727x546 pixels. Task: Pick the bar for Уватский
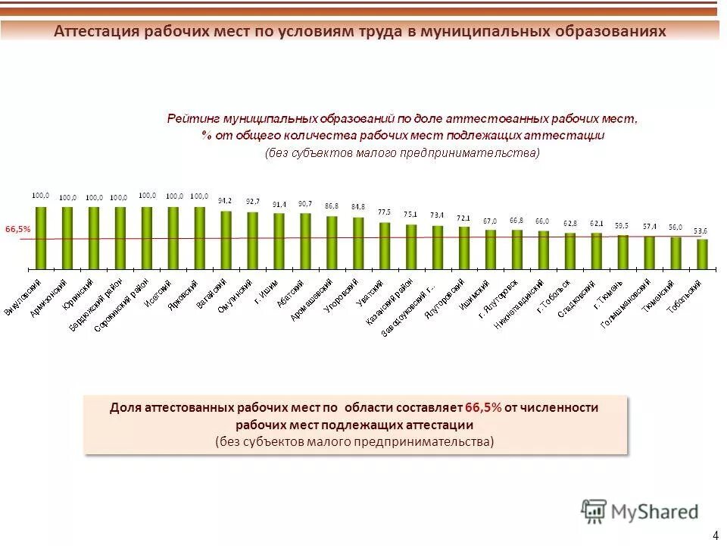pos(385,246)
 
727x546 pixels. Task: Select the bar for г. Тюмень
pos(622,252)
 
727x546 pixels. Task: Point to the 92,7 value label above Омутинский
pos(252,202)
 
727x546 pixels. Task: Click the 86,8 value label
pos(332,206)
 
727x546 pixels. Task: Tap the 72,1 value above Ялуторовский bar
pos(463,217)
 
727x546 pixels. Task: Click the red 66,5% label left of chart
pos(18,228)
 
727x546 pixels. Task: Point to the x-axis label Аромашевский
pos(311,300)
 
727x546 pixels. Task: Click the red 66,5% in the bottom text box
pos(483,407)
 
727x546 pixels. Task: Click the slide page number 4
pos(716,535)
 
